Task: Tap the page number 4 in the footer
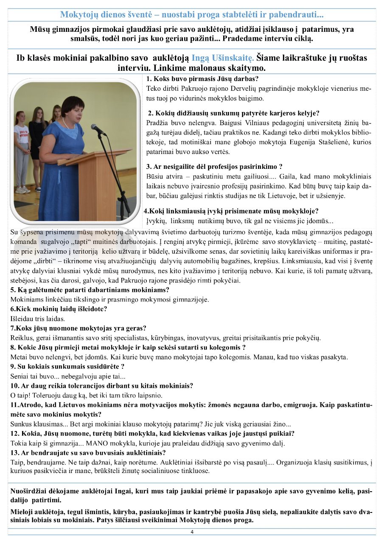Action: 192,532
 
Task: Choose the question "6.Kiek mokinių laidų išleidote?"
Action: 53,309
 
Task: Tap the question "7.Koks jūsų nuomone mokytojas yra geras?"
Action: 78,328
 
